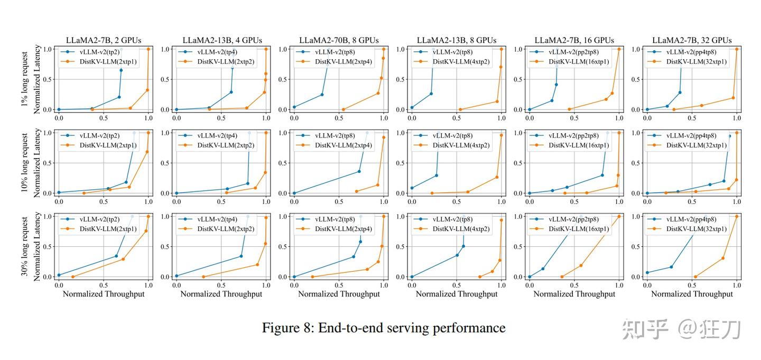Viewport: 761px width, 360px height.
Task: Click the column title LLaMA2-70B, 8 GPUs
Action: pos(339,40)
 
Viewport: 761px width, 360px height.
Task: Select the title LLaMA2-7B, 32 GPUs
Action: pos(692,40)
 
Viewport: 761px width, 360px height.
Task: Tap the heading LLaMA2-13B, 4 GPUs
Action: pos(222,40)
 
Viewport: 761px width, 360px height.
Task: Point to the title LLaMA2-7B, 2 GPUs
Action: pos(104,40)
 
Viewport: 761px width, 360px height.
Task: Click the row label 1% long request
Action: pos(25,79)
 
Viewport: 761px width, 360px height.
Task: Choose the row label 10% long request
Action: pos(25,163)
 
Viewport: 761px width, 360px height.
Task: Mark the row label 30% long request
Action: pos(25,246)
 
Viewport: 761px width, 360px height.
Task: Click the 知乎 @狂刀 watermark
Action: pos(682,329)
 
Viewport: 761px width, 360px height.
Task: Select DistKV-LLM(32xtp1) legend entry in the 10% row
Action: pos(696,145)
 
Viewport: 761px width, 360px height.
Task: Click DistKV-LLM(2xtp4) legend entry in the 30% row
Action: pos(343,229)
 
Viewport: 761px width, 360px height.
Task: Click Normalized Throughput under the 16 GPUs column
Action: pos(574,294)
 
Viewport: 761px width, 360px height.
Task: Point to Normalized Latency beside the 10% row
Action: pos(37,163)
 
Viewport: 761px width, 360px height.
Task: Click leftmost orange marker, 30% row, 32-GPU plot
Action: pos(695,276)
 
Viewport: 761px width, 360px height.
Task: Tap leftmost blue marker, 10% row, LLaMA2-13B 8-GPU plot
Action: pos(412,188)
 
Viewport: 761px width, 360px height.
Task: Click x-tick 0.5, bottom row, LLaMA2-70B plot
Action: pos(339,285)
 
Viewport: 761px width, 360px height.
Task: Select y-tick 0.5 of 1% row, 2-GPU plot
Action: pos(48,79)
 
